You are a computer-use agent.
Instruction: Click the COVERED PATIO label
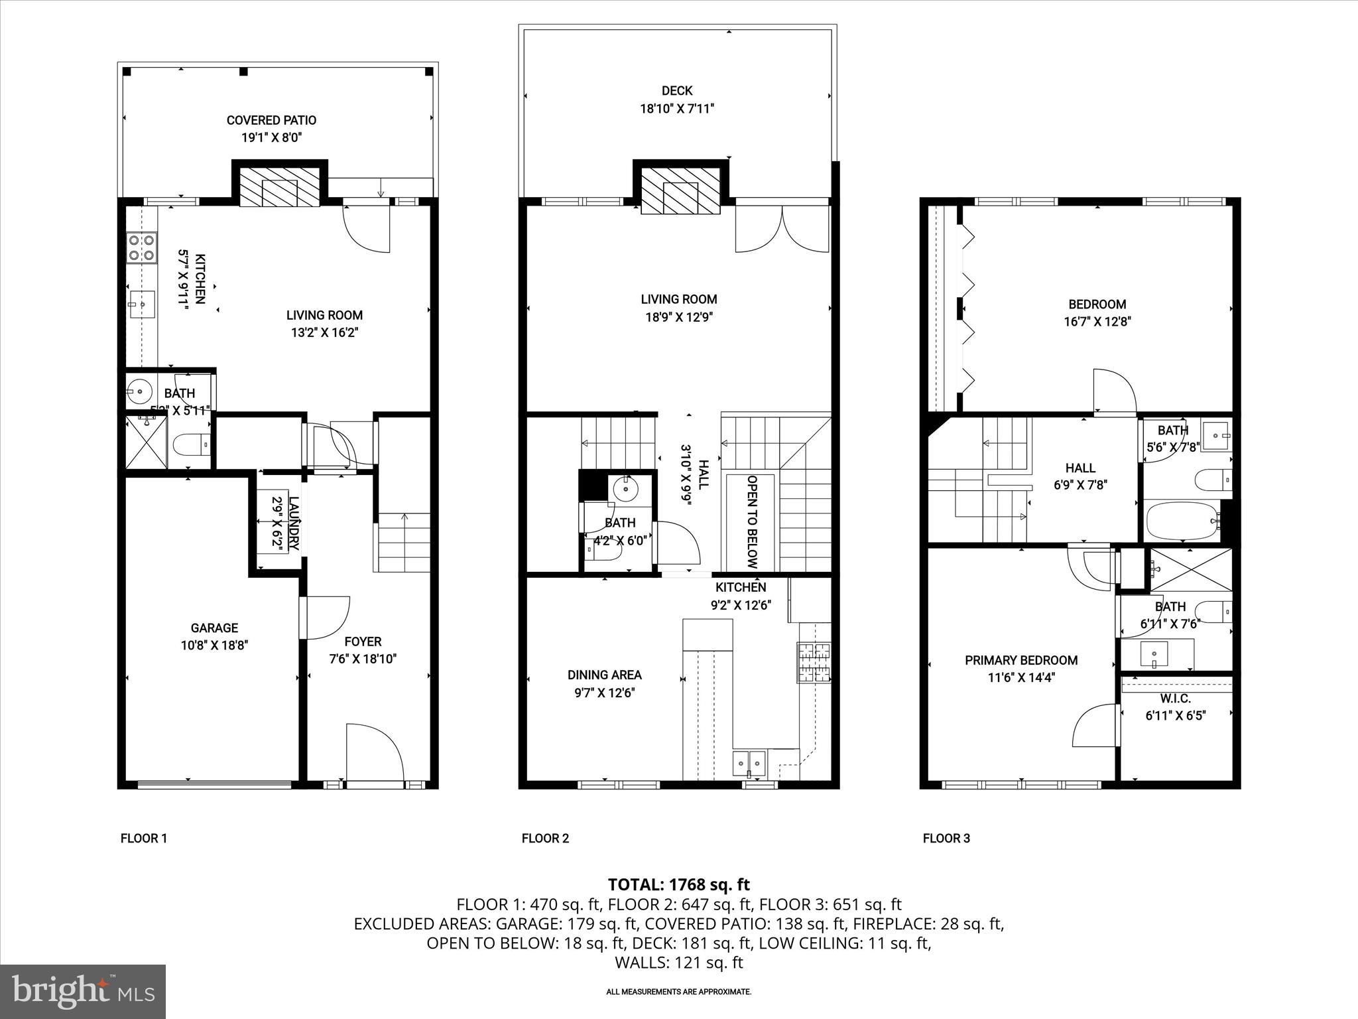[271, 120]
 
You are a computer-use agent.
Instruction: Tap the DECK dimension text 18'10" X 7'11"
[676, 109]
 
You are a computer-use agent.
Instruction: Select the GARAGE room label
[214, 628]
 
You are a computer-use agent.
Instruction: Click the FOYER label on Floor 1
[363, 642]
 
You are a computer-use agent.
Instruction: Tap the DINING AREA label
[604, 675]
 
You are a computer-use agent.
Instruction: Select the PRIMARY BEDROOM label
[1020, 660]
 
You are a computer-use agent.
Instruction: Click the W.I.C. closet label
[1175, 699]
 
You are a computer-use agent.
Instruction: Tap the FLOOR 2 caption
[545, 838]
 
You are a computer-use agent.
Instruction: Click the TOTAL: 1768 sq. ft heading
[678, 884]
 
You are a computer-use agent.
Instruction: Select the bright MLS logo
[83, 991]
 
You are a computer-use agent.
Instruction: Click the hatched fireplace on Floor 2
[680, 189]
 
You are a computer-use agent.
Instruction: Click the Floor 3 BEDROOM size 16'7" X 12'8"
[1097, 322]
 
